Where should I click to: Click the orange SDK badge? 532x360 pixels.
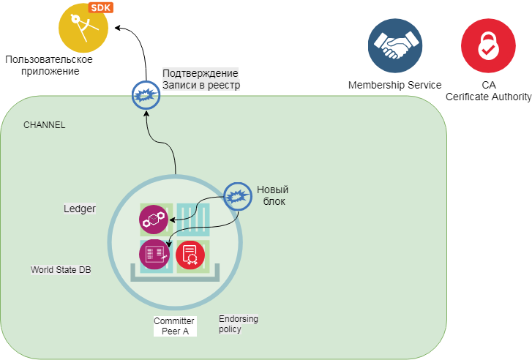click(x=100, y=8)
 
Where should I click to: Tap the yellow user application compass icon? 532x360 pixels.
click(x=82, y=30)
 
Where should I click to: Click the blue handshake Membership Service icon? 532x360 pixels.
click(x=396, y=45)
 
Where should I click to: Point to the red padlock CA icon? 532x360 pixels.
click(x=488, y=45)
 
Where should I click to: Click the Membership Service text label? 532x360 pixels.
click(x=394, y=85)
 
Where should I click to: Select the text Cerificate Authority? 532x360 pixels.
click(x=488, y=97)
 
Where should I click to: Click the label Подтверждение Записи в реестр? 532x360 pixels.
click(x=201, y=79)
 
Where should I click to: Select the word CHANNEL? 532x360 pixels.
click(x=45, y=125)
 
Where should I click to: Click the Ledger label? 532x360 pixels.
click(x=80, y=209)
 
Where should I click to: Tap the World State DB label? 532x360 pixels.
click(x=61, y=270)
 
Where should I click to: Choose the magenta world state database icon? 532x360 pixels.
click(x=153, y=253)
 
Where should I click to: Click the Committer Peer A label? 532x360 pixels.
click(x=174, y=326)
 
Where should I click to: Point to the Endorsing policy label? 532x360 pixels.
click(x=239, y=324)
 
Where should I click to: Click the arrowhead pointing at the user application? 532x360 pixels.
click(x=118, y=29)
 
